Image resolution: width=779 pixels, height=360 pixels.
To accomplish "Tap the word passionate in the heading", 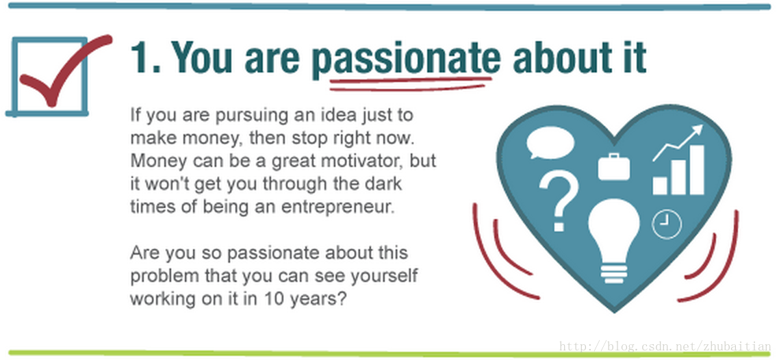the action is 407,58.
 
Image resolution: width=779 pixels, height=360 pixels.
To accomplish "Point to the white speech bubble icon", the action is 550,142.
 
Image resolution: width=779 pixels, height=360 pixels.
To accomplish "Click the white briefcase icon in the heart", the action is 613,166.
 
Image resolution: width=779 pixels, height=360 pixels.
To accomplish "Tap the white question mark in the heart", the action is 559,201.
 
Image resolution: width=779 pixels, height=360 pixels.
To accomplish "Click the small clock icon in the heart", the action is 667,224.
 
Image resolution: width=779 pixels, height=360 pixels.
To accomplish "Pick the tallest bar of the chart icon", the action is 697,169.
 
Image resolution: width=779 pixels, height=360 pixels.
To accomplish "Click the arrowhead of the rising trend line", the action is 697,130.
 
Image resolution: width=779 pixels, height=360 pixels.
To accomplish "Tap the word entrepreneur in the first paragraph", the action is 338,207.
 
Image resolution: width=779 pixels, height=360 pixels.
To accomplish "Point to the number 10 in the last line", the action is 274,299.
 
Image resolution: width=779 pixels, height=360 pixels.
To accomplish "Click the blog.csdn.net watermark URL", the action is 665,346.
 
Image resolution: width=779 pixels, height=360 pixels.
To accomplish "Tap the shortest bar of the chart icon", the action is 660,185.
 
